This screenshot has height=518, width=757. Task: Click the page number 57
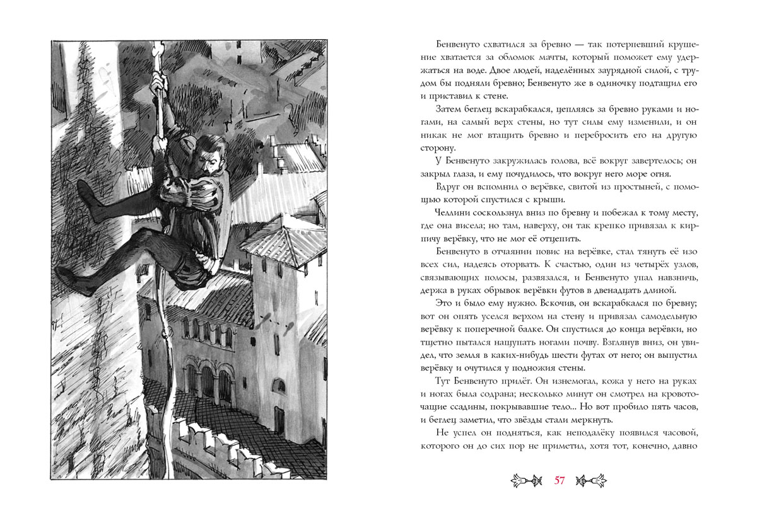point(559,481)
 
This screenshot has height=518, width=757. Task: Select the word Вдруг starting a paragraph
point(449,188)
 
